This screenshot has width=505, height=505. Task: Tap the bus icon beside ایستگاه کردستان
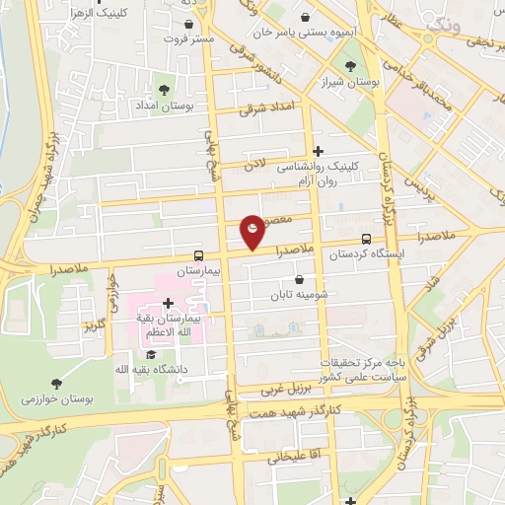367,239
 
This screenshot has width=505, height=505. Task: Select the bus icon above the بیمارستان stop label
200,254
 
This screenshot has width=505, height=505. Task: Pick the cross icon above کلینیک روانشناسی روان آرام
318,151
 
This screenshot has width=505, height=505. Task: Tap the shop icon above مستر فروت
189,24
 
